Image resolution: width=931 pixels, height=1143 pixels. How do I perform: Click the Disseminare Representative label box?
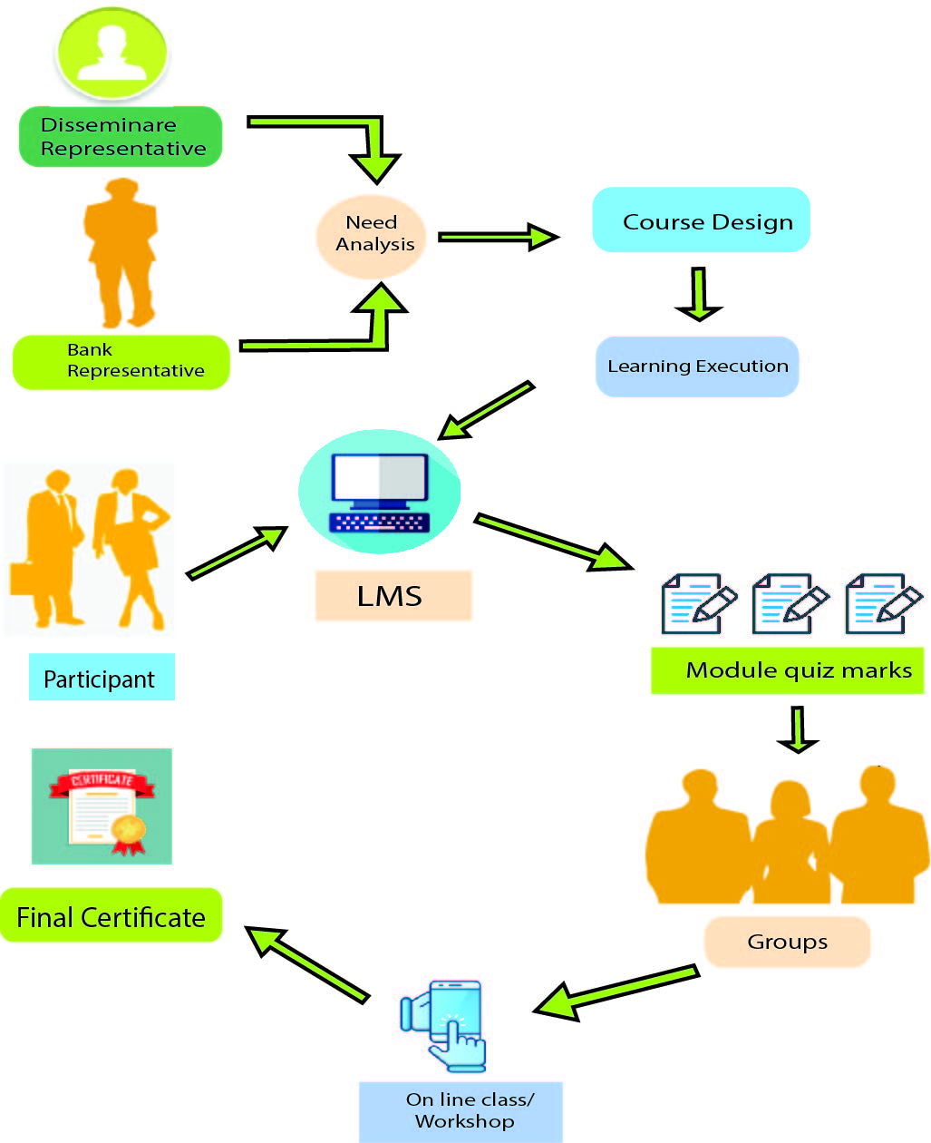click(x=121, y=137)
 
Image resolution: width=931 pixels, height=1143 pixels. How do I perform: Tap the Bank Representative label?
click(x=121, y=361)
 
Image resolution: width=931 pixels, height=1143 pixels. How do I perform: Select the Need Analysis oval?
click(x=372, y=234)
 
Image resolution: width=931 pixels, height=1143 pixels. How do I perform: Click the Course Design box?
click(x=701, y=220)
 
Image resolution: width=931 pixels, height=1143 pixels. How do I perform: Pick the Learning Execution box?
click(x=697, y=366)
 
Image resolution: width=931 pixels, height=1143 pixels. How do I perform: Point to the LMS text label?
click(x=393, y=596)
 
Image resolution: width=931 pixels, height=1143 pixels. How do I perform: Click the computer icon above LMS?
click(x=380, y=492)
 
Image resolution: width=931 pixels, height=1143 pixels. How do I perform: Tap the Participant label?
click(x=102, y=678)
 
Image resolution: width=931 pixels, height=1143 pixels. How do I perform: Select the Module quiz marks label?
click(x=787, y=670)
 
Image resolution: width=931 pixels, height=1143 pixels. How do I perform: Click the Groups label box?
click(x=787, y=942)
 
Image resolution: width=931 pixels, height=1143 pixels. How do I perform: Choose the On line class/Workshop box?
click(x=461, y=1111)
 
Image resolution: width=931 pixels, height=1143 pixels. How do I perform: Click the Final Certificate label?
click(x=112, y=916)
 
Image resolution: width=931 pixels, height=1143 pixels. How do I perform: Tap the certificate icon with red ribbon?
click(x=102, y=806)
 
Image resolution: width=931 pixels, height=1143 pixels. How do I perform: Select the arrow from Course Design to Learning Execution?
click(x=698, y=294)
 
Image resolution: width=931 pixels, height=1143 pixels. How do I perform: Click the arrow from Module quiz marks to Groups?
click(x=798, y=730)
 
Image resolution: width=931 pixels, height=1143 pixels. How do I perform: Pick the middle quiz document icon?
click(x=790, y=603)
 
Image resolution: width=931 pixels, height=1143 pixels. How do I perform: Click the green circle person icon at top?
click(x=113, y=53)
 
